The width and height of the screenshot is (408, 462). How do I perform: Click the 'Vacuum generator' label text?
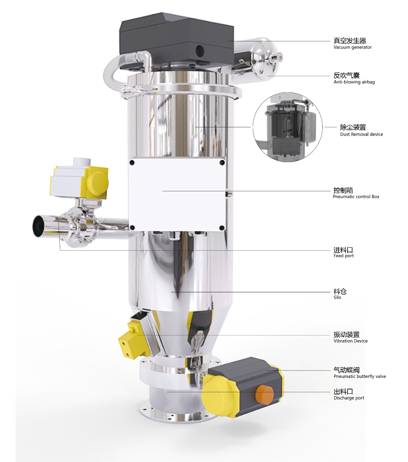[x=353, y=47]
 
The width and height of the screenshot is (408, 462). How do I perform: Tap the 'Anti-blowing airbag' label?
[x=354, y=82]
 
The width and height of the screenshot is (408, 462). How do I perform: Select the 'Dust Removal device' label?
[x=362, y=134]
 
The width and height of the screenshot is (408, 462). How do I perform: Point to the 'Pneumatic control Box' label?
[x=356, y=197]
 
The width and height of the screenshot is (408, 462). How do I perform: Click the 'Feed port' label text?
[x=344, y=256]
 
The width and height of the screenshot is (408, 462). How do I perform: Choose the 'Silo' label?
[x=337, y=297]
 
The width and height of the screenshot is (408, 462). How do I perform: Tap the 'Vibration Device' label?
[x=351, y=341]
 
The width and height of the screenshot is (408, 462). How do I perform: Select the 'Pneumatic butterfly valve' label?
[x=360, y=376]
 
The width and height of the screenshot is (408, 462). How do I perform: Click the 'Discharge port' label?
[x=349, y=398]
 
